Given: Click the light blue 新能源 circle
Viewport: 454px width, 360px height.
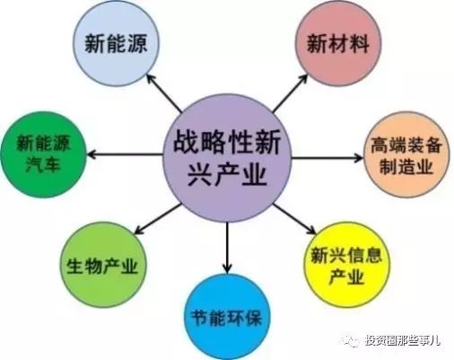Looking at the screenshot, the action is pos(116,44).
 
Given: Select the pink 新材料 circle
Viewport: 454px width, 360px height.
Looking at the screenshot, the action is pos(338,44).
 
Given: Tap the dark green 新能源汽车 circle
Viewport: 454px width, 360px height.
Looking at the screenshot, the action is pos(44,154).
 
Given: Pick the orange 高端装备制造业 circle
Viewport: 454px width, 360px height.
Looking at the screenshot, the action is pos(406,154).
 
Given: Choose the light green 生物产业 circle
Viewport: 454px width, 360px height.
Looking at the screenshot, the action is pos(103,265).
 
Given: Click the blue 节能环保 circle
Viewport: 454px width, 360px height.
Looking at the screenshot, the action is pos(227,317).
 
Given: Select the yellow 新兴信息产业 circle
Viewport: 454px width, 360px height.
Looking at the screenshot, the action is pos(346,265).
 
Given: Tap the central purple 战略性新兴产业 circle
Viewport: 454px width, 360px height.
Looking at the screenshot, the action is pos(227,157).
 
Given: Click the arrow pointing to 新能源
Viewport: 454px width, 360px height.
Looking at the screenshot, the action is pos(164,93).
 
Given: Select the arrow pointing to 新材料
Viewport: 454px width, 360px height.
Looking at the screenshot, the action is pos(290,93).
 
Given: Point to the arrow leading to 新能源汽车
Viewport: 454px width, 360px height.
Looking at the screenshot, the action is pos(125,154).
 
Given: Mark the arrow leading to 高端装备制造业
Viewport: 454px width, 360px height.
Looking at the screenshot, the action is pos(327,157).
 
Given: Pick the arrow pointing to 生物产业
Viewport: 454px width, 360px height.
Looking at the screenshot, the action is pos(158,219).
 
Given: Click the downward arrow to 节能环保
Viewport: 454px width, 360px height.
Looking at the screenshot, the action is pos(227,248).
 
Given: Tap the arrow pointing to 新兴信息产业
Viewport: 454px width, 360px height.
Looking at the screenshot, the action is pos(295,219).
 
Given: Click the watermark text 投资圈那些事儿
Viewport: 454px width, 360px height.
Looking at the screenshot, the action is pos(403,340).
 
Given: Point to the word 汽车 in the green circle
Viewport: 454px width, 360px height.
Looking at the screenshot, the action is pos(44,164).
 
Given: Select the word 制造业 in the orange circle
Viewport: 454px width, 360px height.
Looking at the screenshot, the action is pos(406,166).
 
